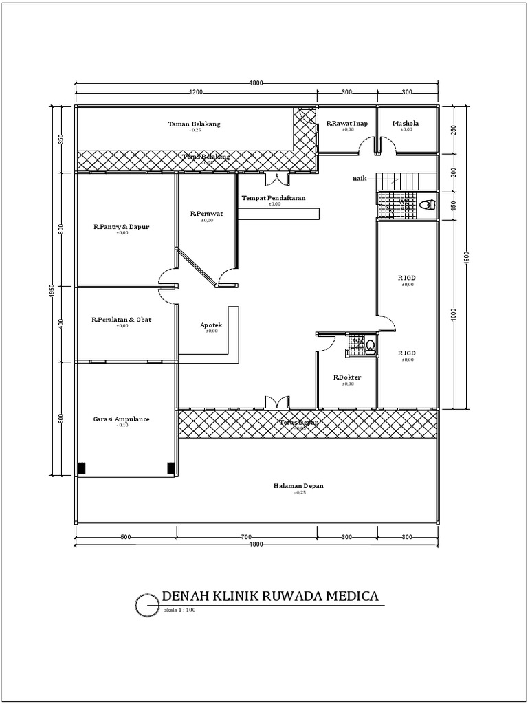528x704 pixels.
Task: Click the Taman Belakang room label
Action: tap(195, 124)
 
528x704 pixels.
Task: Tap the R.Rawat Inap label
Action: tap(347, 124)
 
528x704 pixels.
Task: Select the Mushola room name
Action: tap(406, 124)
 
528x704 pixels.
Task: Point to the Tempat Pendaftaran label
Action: tap(274, 198)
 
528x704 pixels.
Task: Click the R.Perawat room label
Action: tap(205, 214)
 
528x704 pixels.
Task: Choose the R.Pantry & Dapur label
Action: tap(122, 227)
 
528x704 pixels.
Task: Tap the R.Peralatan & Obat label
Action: tap(122, 320)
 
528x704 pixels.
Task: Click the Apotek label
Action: tap(211, 325)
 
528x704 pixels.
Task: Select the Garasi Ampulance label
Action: tap(122, 419)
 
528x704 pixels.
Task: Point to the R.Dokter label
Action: tap(347, 377)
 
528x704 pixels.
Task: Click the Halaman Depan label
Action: tap(298, 486)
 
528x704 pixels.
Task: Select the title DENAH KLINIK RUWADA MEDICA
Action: tap(269, 596)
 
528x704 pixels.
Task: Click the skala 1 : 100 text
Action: tap(180, 610)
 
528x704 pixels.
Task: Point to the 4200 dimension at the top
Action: tap(196, 91)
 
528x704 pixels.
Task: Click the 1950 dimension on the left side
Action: tap(52, 290)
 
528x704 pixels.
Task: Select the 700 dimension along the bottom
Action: tap(247, 536)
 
